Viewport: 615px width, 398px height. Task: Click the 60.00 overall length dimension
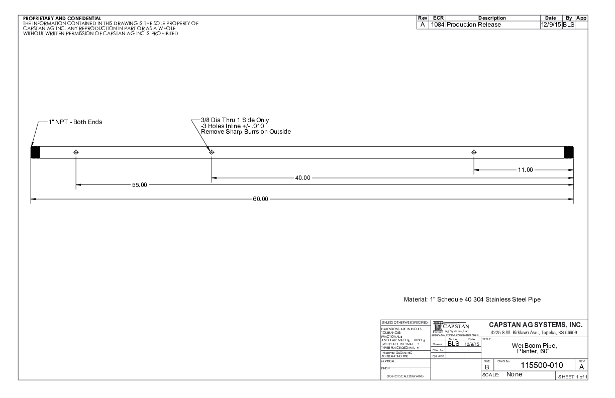pos(261,199)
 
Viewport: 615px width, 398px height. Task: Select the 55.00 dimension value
pos(139,185)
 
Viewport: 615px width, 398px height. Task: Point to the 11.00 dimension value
pos(525,170)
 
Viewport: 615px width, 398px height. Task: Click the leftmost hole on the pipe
pos(76,152)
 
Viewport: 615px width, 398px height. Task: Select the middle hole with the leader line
pos(212,152)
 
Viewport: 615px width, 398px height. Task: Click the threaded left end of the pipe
pos(35,152)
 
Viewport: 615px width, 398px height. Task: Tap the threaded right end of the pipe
pos(569,152)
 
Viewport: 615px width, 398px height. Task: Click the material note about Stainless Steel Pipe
pos(472,300)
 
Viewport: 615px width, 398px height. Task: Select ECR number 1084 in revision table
pos(437,24)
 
